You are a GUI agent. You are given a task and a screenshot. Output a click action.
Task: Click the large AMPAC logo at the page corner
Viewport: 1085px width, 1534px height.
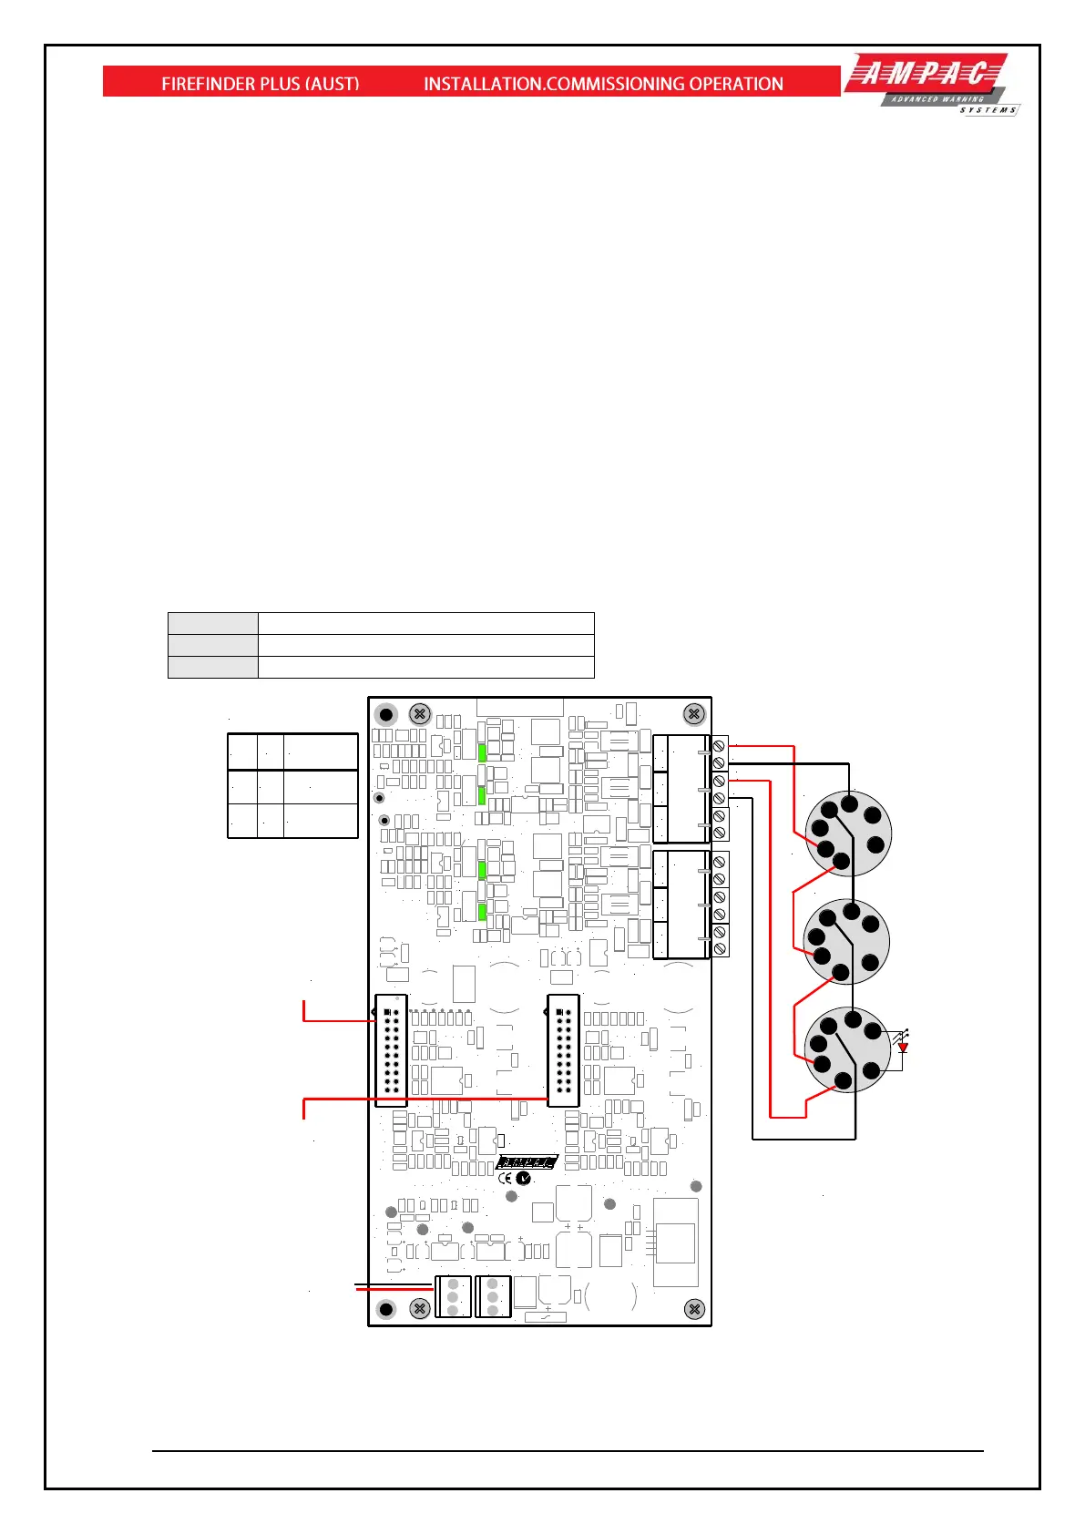point(932,84)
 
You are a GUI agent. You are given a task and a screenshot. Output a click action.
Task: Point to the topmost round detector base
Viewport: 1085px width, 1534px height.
point(848,833)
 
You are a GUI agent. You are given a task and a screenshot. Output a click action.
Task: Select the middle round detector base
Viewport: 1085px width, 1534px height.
point(846,942)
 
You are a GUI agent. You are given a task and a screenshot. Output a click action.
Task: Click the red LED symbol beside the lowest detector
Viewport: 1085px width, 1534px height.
point(903,1048)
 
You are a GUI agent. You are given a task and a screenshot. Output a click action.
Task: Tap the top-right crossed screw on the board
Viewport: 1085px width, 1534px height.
point(694,714)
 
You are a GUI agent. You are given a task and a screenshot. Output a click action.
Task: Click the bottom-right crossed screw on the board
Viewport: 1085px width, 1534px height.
point(694,1309)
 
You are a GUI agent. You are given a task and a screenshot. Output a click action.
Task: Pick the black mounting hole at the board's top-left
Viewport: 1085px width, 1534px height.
point(386,715)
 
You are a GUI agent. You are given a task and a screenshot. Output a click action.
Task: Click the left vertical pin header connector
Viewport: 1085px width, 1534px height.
point(391,1050)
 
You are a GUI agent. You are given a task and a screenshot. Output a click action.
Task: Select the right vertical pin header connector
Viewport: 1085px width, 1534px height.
point(563,1050)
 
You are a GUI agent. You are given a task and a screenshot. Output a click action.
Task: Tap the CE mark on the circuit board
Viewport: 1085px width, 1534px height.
point(505,1178)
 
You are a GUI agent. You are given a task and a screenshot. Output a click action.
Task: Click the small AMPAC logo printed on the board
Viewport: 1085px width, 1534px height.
point(527,1162)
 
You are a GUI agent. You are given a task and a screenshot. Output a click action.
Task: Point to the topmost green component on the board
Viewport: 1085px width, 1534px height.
point(482,753)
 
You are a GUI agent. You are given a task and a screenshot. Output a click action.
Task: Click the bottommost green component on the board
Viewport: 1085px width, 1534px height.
point(482,912)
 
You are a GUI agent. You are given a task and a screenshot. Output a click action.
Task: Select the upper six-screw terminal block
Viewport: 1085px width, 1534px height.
point(691,789)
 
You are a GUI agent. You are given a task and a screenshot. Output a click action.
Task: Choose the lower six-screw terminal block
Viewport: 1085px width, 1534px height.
point(691,905)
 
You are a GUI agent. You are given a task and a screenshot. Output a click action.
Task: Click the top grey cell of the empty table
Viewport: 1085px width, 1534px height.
point(213,624)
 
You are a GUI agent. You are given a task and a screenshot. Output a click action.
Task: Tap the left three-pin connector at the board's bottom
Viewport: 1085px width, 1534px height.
point(453,1297)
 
